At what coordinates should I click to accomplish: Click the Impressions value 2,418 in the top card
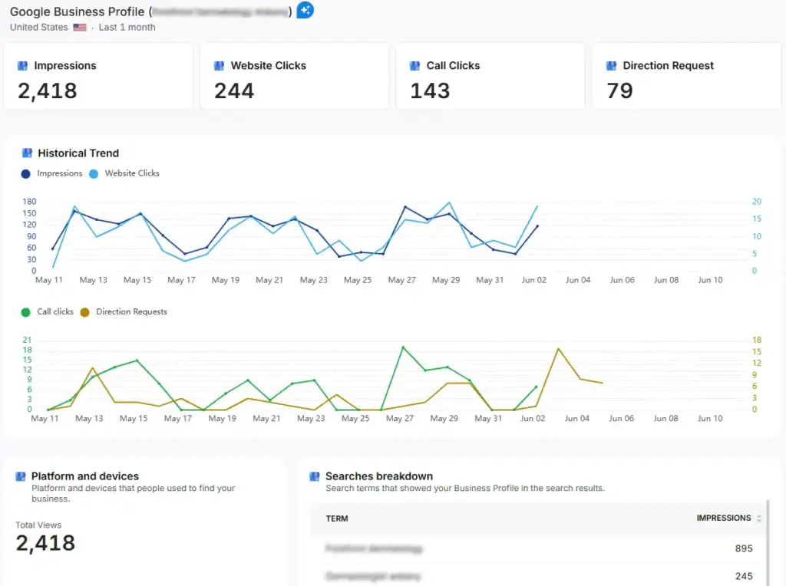[x=48, y=91]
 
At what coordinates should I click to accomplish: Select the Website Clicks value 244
[x=234, y=91]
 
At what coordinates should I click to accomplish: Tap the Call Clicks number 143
[x=430, y=91]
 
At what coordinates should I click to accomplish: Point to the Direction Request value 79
[x=619, y=91]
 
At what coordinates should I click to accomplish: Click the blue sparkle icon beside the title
[x=305, y=11]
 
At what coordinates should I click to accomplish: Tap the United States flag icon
[x=80, y=28]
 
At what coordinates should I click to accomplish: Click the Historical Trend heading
[x=78, y=153]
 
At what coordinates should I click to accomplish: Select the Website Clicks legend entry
[x=131, y=173]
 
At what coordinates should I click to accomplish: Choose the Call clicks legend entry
[x=54, y=312]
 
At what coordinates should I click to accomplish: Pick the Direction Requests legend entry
[x=130, y=312]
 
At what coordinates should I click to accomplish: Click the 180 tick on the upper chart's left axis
[x=29, y=202]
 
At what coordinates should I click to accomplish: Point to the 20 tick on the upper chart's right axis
[x=756, y=202]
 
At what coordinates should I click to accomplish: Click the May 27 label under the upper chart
[x=401, y=280]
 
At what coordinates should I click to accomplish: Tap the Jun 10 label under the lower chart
[x=710, y=419]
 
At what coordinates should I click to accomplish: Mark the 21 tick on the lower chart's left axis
[x=28, y=340]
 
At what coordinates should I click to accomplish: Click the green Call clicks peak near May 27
[x=403, y=347]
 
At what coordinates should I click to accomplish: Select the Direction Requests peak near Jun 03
[x=558, y=349]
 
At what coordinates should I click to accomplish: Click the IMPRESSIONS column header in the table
[x=723, y=519]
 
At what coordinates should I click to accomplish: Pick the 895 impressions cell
[x=743, y=548]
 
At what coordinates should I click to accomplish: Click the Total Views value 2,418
[x=45, y=543]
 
